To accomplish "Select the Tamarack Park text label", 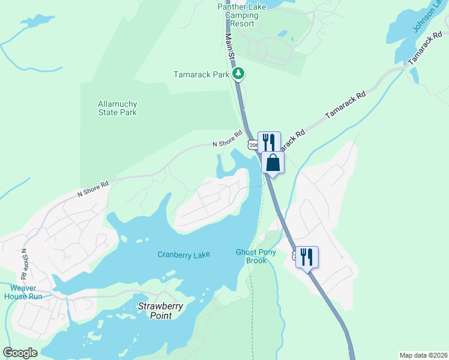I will (x=202, y=75).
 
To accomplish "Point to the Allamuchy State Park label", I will (x=118, y=108).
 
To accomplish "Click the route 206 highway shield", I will (x=253, y=145).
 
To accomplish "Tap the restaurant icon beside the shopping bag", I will (x=269, y=142).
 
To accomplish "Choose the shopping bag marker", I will (x=273, y=163).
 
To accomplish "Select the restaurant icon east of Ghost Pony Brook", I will (x=307, y=257).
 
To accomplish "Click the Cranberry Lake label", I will (x=184, y=255).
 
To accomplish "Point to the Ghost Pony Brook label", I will (x=256, y=256).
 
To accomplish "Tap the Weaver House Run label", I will (x=23, y=292).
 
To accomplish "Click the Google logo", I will (x=20, y=353).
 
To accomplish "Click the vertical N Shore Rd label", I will (x=24, y=264).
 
